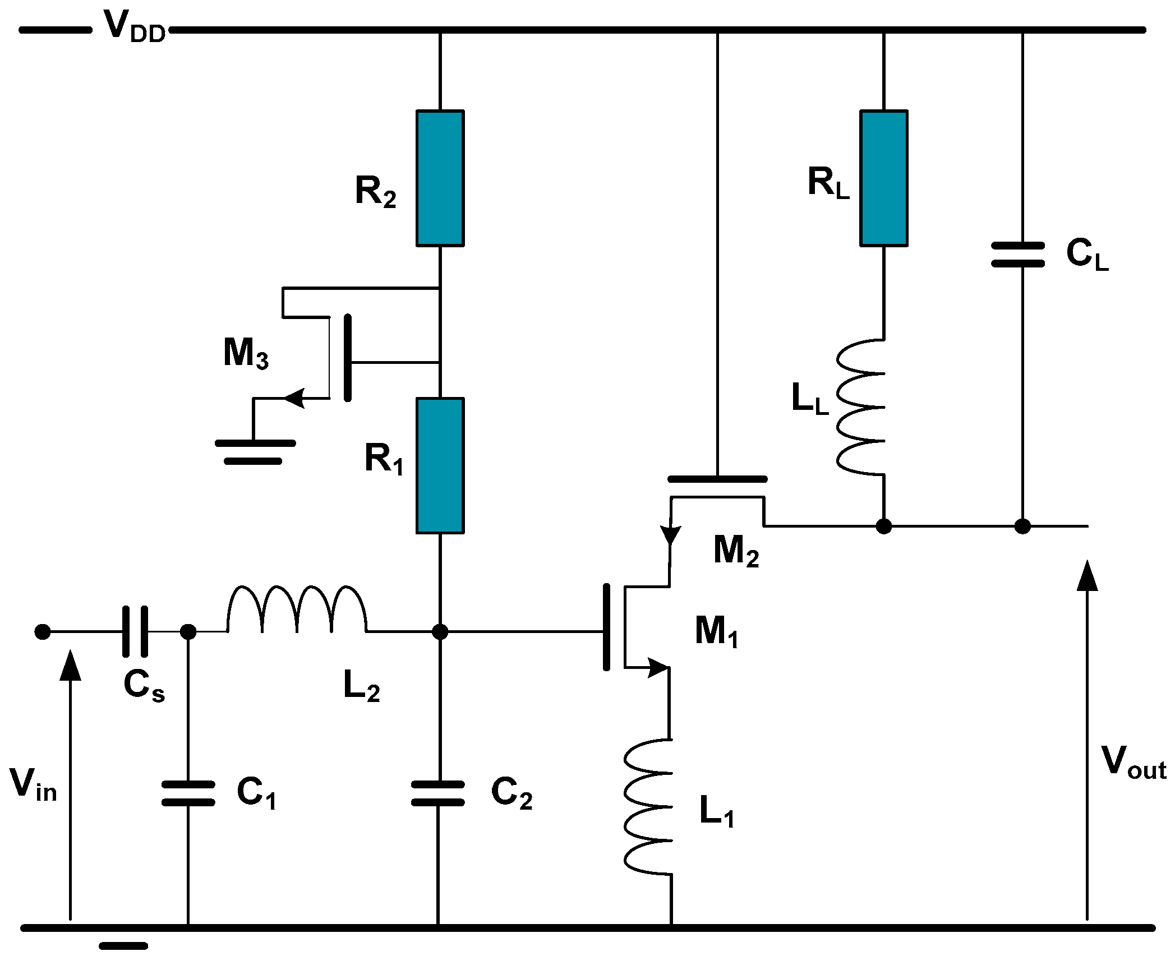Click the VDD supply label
(135, 27)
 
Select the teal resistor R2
(440, 178)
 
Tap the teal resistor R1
(440, 465)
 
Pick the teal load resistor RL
(883, 178)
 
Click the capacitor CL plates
(1018, 255)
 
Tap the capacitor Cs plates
(135, 631)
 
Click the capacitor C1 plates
(188, 793)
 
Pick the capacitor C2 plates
(438, 793)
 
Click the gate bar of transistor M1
(606, 627)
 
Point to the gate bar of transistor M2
(717, 479)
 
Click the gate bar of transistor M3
(348, 358)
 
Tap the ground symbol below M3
(255, 452)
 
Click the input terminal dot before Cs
(43, 632)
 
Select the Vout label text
(1133, 763)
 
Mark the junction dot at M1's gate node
(440, 632)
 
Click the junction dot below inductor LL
(884, 527)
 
